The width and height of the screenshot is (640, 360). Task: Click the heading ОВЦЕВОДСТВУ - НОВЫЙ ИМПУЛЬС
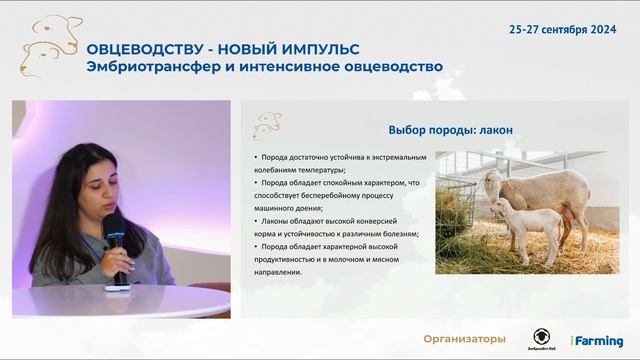tap(223, 49)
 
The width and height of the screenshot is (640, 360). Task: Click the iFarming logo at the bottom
tap(596, 341)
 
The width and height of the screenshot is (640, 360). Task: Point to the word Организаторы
tap(464, 340)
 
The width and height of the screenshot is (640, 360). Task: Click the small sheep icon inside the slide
tap(267, 126)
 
